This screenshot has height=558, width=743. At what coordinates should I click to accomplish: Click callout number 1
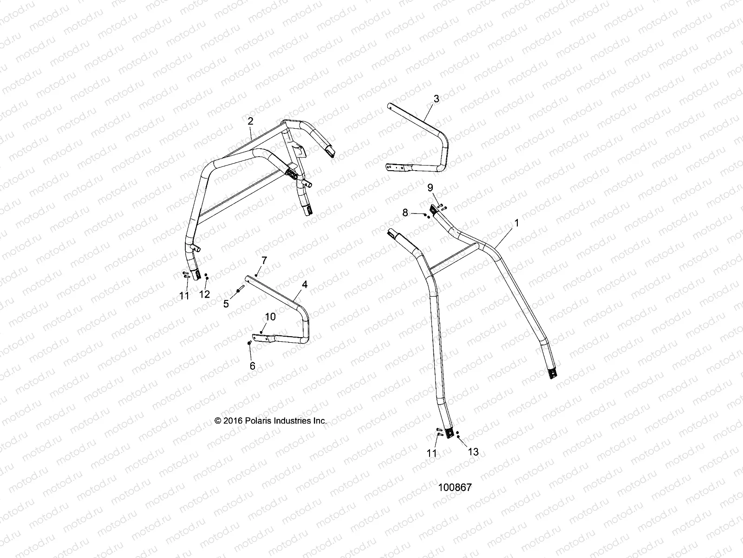(x=516, y=224)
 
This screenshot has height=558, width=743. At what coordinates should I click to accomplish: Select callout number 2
(x=251, y=121)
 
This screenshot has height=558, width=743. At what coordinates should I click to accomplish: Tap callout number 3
(x=436, y=99)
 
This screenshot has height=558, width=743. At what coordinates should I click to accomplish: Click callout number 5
(x=226, y=304)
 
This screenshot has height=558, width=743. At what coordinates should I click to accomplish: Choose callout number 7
(x=264, y=259)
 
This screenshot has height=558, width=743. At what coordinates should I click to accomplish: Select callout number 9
(x=430, y=187)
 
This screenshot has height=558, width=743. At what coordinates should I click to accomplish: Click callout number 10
(x=270, y=317)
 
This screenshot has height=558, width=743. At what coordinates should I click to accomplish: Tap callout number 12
(x=204, y=294)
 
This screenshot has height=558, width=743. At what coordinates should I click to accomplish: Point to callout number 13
(x=473, y=452)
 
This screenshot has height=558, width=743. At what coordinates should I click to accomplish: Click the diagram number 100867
(x=455, y=488)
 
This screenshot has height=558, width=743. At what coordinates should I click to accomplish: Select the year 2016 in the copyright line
(x=233, y=420)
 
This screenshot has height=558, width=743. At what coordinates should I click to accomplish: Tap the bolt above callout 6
(x=250, y=343)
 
